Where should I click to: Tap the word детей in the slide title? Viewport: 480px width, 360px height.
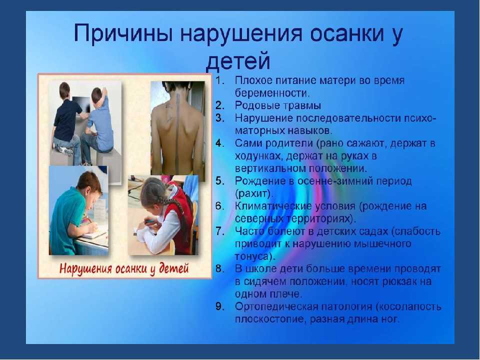[238, 61]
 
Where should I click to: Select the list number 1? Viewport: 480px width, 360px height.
[220, 80]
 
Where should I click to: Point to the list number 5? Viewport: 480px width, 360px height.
[220, 181]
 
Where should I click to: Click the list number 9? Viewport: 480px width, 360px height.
[220, 306]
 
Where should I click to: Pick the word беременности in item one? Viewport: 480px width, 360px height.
[272, 93]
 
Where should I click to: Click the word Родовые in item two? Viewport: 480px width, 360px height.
[256, 105]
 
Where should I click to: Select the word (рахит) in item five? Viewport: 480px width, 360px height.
[253, 194]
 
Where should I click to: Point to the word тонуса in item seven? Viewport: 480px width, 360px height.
[253, 256]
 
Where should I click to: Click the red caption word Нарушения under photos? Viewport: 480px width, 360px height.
[85, 269]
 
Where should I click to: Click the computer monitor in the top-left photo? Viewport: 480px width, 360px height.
[80, 106]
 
